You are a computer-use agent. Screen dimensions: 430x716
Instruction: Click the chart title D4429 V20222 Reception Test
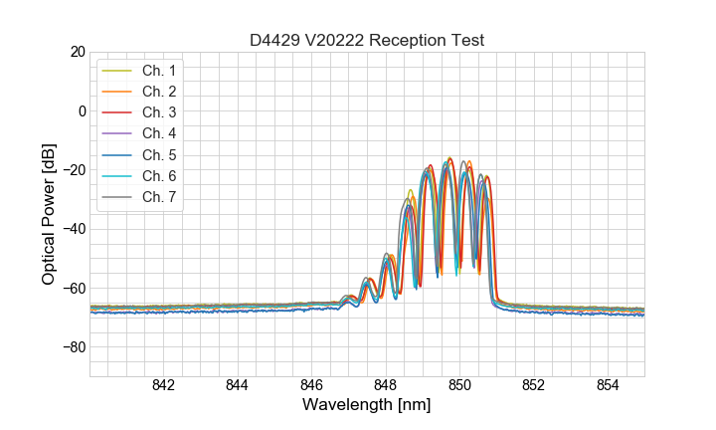pyautogui.click(x=367, y=41)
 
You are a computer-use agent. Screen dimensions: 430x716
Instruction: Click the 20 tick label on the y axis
pyautogui.click(x=76, y=52)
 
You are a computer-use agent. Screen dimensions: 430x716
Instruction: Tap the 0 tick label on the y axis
pyautogui.click(x=80, y=110)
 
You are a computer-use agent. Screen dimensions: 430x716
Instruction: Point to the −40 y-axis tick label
pyautogui.click(x=72, y=229)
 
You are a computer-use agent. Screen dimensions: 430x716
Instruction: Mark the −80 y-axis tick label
pyautogui.click(x=72, y=347)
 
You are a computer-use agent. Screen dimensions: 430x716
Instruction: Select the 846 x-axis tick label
pyautogui.click(x=311, y=386)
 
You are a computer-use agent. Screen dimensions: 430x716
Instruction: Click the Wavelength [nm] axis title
pyautogui.click(x=367, y=406)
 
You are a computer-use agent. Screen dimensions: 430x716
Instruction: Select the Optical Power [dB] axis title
pyautogui.click(x=48, y=214)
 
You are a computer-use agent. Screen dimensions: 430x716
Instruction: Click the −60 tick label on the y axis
pyautogui.click(x=72, y=289)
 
